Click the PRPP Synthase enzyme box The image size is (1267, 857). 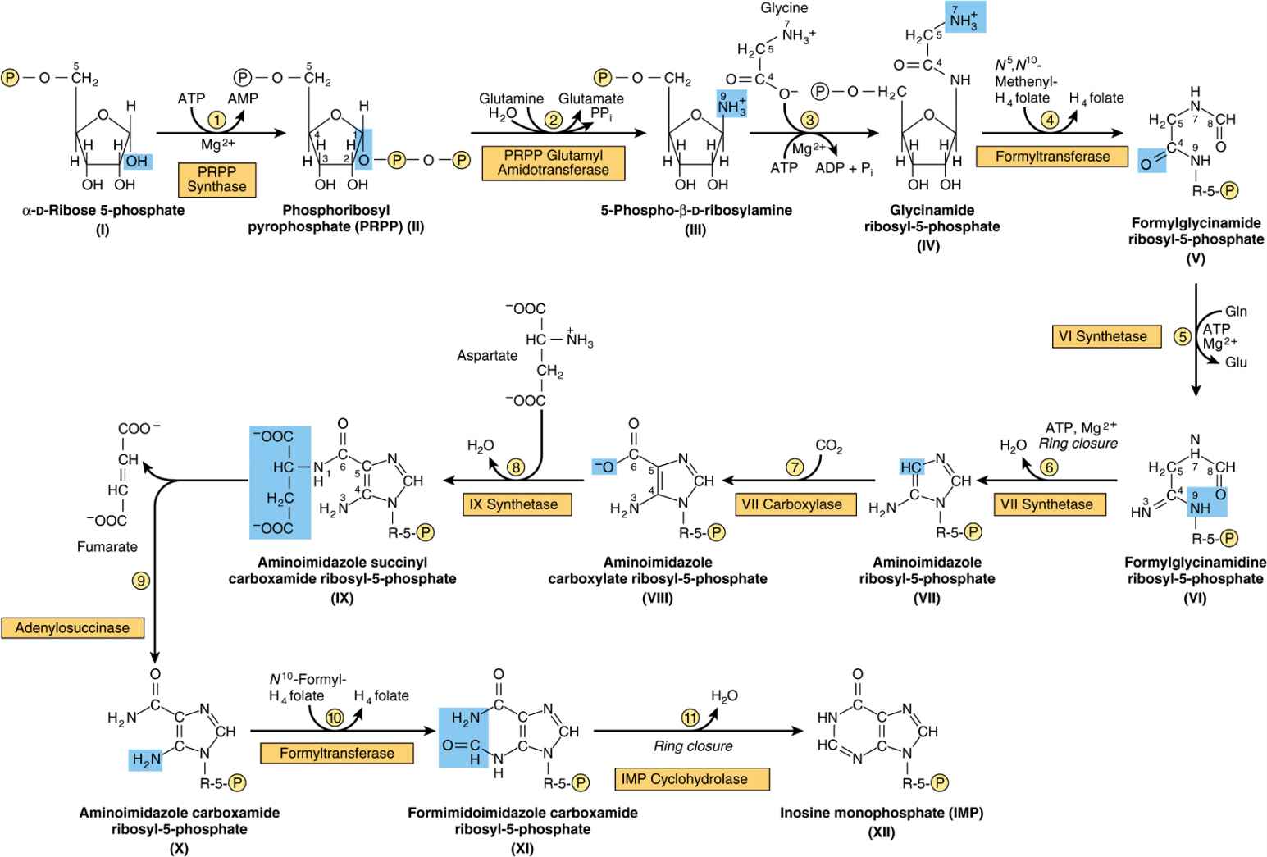coord(216,179)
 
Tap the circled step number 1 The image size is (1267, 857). coord(216,120)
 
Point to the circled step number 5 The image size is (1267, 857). coord(1183,336)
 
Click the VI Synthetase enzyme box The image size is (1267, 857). coord(1106,336)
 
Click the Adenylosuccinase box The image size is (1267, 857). coord(72,628)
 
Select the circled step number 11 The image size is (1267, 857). coord(690,716)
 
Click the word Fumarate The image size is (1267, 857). coord(107,547)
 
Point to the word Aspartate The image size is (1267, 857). coord(488,356)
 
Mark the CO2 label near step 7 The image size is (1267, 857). coord(829,447)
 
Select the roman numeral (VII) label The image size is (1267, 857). coord(927,598)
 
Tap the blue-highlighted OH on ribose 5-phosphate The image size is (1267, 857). coord(136,162)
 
